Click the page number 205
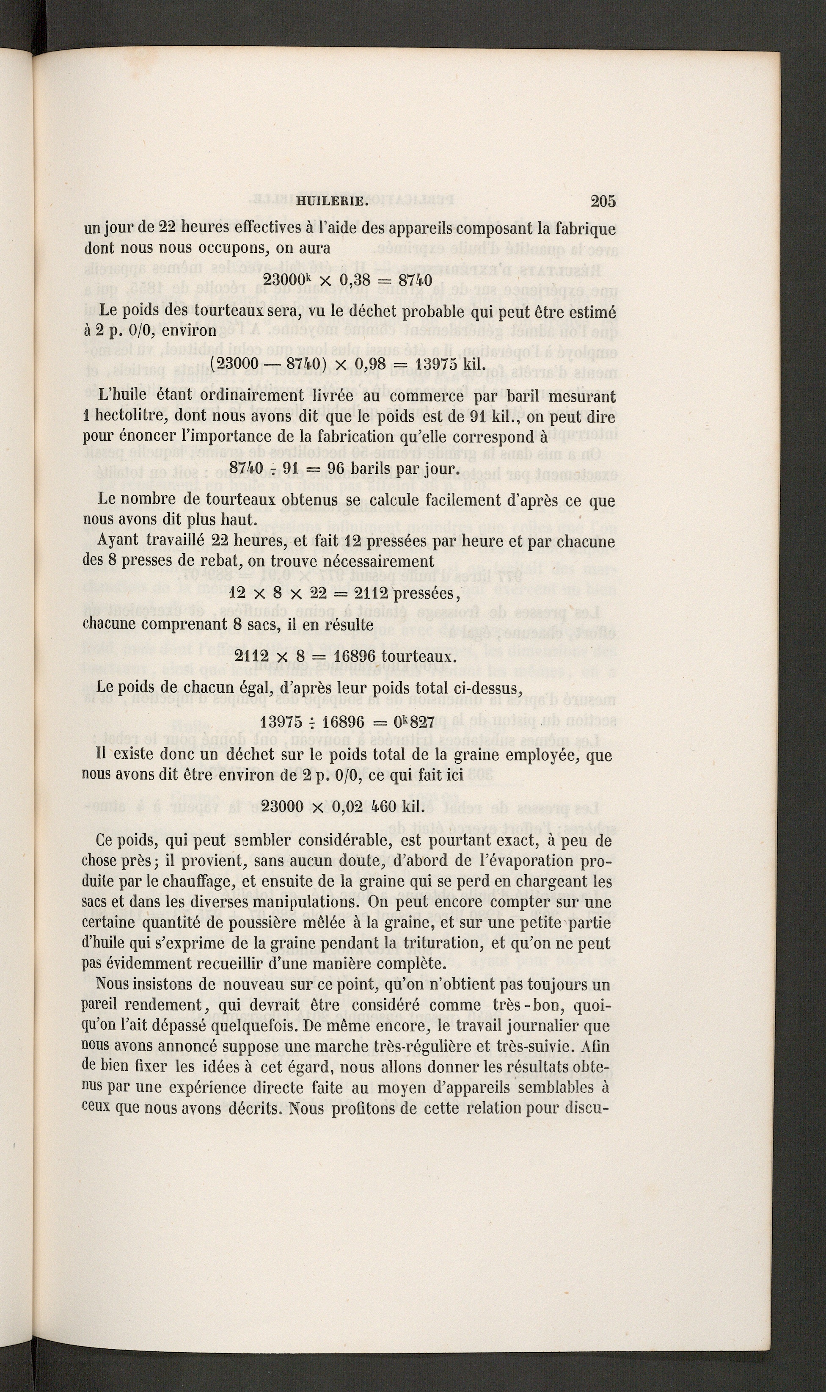(x=603, y=202)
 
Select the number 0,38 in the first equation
(x=353, y=280)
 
